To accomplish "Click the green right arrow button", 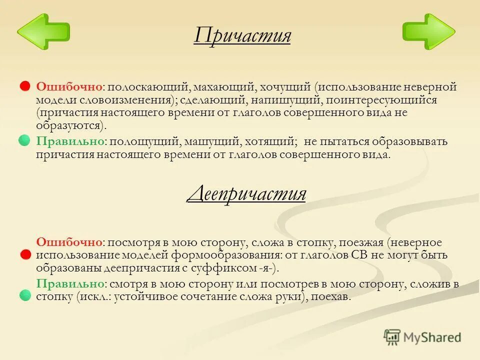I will click(x=428, y=32).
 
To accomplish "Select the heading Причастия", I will click(x=242, y=36).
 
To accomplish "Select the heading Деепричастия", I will click(x=246, y=193).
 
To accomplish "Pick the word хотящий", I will click(x=274, y=141).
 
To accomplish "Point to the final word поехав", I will click(x=334, y=296).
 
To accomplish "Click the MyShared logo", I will click(x=422, y=337).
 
